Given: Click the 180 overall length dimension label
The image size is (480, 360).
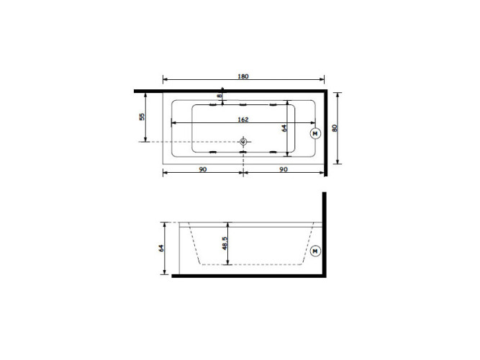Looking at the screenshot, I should pyautogui.click(x=244, y=73).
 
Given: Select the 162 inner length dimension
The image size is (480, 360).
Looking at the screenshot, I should pyautogui.click(x=244, y=119).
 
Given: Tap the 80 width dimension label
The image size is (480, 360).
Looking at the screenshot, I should pyautogui.click(x=335, y=127).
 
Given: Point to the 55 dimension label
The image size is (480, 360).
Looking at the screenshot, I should pyautogui.click(x=142, y=116).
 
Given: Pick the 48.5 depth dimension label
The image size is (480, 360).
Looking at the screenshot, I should pyautogui.click(x=225, y=243).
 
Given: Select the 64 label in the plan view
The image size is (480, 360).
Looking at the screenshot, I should pyautogui.click(x=284, y=128).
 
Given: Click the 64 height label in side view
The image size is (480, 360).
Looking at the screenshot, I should pyautogui.click(x=162, y=248).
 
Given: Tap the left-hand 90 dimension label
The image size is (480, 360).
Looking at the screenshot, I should pyautogui.click(x=203, y=169).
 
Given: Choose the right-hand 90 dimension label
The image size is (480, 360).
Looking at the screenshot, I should pyautogui.click(x=284, y=169).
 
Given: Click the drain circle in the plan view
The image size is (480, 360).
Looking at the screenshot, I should pyautogui.click(x=243, y=141).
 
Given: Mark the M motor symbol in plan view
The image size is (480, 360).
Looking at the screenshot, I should pyautogui.click(x=314, y=133).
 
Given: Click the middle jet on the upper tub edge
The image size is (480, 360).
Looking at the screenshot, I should pyautogui.click(x=243, y=105).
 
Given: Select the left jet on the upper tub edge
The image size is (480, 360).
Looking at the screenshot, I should pyautogui.click(x=212, y=105).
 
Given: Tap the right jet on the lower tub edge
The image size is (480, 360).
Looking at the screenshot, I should pyautogui.click(x=273, y=153).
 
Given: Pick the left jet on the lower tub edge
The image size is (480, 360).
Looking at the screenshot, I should pyautogui.click(x=212, y=153).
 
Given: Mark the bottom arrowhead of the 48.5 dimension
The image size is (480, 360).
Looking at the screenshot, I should pyautogui.click(x=229, y=263).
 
